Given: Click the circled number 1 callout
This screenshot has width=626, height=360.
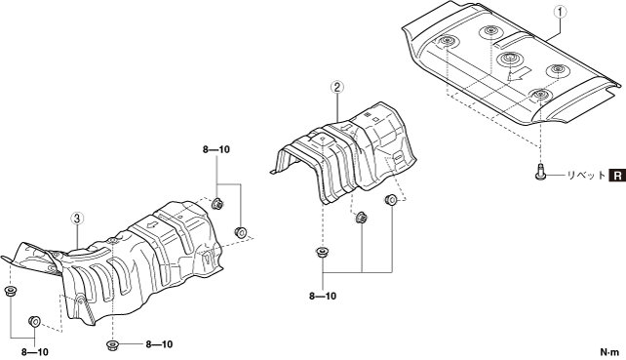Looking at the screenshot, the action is (x=560, y=13).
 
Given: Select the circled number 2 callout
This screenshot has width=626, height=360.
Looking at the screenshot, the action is (x=337, y=87).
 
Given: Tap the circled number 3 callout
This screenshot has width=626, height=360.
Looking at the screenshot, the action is (x=77, y=219).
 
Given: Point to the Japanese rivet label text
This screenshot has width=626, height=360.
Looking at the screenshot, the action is (x=586, y=175).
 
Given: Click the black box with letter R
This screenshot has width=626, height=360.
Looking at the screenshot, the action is (x=617, y=175).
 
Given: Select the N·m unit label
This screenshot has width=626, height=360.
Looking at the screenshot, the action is (x=609, y=352).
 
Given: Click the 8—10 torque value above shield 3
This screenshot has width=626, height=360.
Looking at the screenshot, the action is (x=216, y=150).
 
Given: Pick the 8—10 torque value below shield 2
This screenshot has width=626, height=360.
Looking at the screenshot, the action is (x=323, y=296).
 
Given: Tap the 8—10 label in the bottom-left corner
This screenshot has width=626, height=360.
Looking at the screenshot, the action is (x=35, y=352).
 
